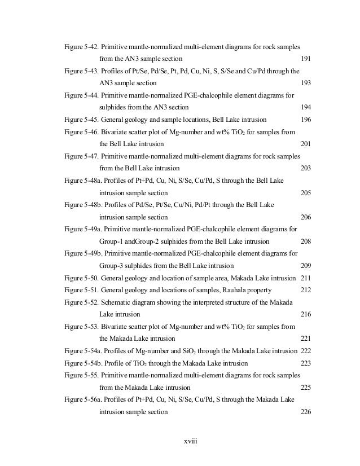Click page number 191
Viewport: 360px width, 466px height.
coord(306,58)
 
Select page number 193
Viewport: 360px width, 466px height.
coord(306,82)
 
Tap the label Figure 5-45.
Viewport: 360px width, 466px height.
coord(81,119)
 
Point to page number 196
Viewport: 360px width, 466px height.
coord(306,119)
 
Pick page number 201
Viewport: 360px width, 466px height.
coord(306,143)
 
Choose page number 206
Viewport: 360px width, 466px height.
coord(306,217)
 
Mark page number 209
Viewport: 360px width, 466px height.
coord(306,266)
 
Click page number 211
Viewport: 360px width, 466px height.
coord(306,278)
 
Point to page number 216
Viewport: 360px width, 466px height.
coord(306,314)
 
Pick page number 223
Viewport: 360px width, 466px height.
coord(306,363)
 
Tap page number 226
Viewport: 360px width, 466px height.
coord(306,412)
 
